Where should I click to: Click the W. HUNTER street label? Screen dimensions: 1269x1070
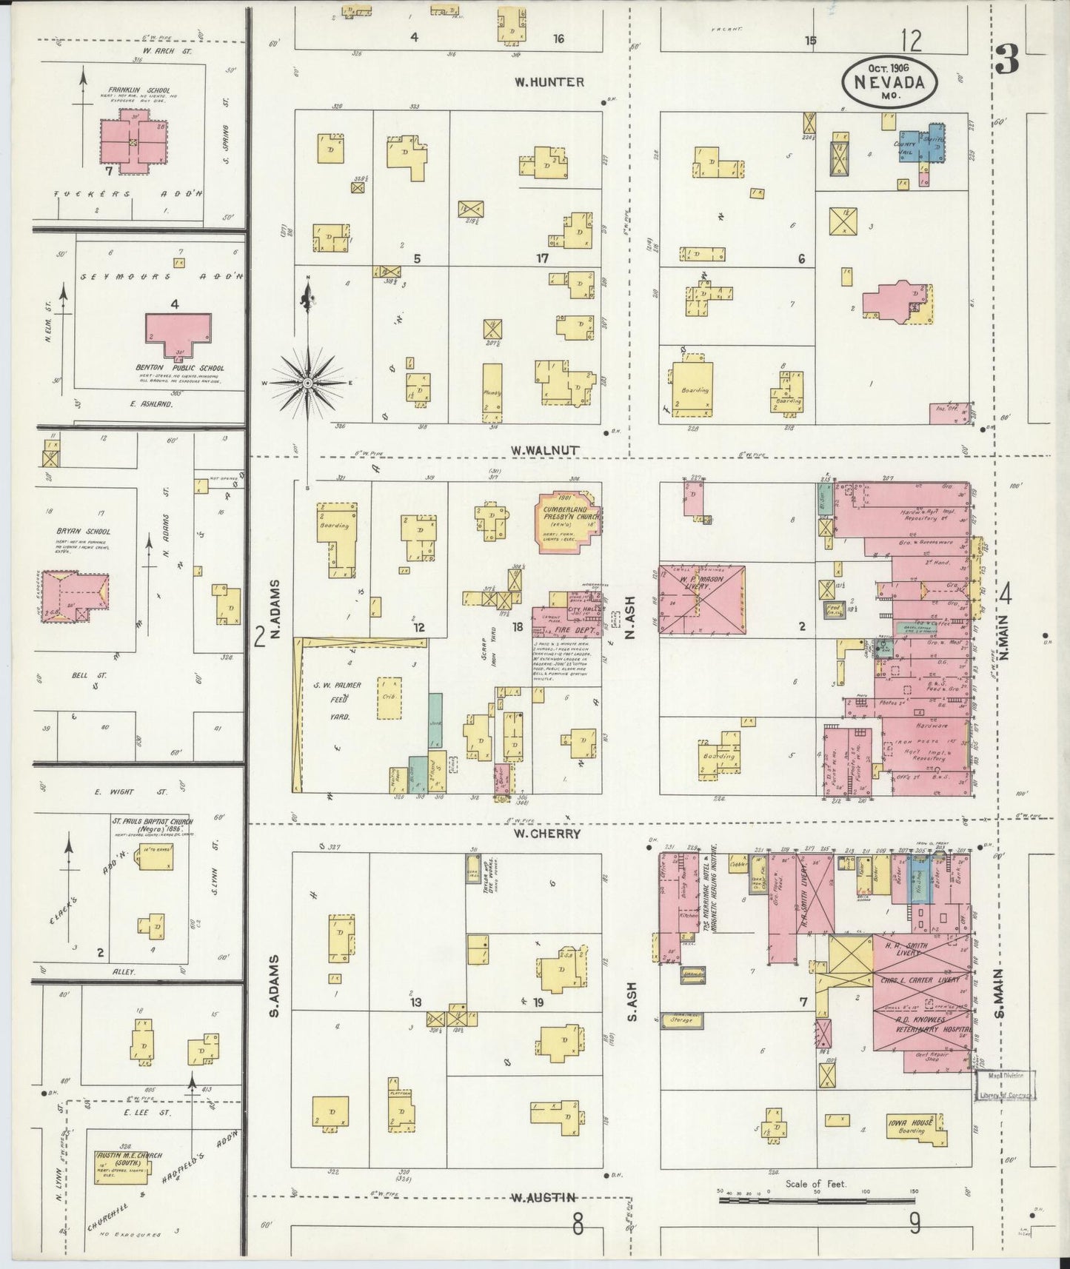[550, 82]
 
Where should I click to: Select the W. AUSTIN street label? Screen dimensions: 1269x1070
[544, 1197]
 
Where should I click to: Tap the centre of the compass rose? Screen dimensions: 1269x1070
[307, 382]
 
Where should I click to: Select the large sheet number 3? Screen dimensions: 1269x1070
[1007, 59]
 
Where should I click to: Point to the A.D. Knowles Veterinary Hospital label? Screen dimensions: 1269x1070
[923, 1023]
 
